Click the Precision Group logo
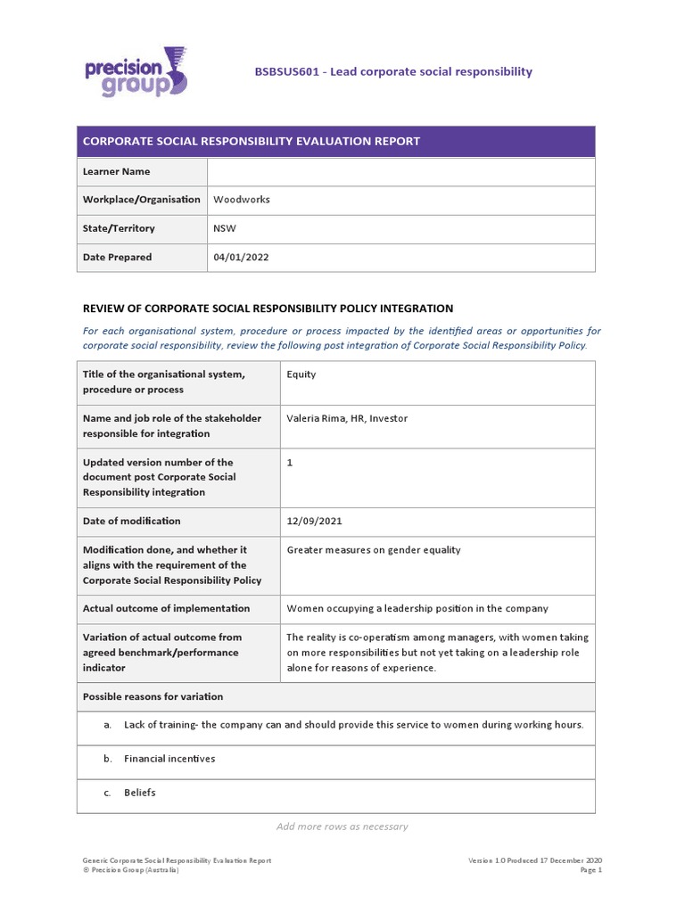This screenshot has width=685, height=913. pyautogui.click(x=136, y=71)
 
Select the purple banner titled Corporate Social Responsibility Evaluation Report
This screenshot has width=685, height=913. pyautogui.click(x=335, y=142)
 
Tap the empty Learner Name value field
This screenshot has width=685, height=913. pyautogui.click(x=400, y=171)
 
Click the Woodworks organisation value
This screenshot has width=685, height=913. pyautogui.click(x=241, y=200)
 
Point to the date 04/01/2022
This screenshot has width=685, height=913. pyautogui.click(x=241, y=257)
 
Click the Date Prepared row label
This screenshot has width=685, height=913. pyautogui.click(x=117, y=257)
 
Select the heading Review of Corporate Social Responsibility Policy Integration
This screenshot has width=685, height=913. pyautogui.click(x=268, y=308)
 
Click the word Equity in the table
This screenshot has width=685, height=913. pyautogui.click(x=301, y=374)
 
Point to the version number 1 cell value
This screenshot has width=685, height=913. pyautogui.click(x=290, y=463)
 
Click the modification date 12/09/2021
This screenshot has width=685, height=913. pyautogui.click(x=314, y=521)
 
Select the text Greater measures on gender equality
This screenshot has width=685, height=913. pyautogui.click(x=374, y=550)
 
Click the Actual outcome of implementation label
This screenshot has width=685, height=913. pyautogui.click(x=166, y=608)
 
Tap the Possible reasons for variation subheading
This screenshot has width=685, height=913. pyautogui.click(x=153, y=696)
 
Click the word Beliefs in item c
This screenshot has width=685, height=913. pyautogui.click(x=140, y=793)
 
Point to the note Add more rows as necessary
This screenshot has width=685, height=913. pyautogui.click(x=342, y=827)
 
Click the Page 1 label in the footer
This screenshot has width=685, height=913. pyautogui.click(x=590, y=869)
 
